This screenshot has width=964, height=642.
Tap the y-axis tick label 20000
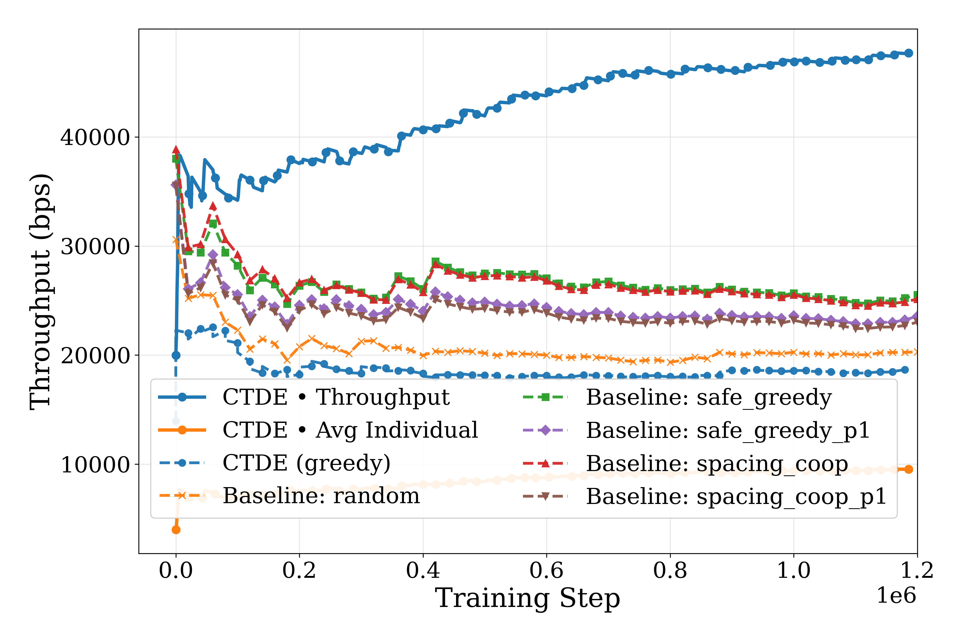(95, 356)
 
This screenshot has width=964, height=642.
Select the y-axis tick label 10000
(95, 465)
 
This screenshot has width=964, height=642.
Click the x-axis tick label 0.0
(176, 570)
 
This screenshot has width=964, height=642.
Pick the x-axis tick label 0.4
(423, 570)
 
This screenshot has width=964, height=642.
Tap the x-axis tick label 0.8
(670, 570)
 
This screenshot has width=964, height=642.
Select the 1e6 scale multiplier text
(896, 595)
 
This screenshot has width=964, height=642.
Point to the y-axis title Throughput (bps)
(41, 292)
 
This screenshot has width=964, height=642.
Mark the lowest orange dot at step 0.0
(176, 530)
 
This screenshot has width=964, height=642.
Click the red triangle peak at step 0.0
(176, 150)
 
